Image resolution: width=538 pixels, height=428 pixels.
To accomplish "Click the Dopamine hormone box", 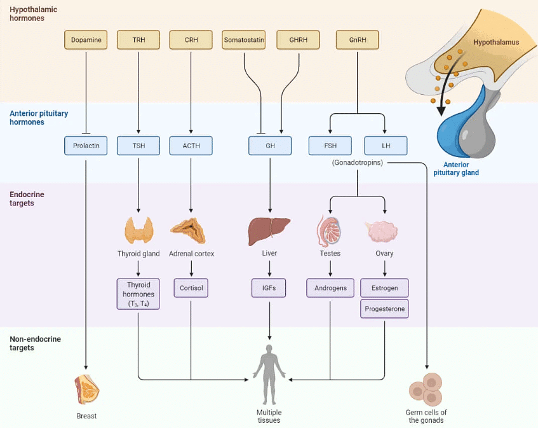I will point(86,40).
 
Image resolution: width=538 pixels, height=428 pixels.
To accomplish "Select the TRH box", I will point(138,40).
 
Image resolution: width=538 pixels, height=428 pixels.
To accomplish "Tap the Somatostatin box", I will point(244,40).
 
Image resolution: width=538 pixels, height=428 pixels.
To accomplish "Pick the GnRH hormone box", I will point(357,40).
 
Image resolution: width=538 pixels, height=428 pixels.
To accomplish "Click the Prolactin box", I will point(86,146).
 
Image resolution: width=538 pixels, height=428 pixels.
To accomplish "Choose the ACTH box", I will point(191,146).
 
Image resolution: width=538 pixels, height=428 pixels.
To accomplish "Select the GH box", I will point(270,146).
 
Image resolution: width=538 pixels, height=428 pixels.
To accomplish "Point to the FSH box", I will point(330,146).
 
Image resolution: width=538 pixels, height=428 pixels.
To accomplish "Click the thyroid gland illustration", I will point(138,230).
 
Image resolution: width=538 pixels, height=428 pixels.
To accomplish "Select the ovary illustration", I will point(384,231).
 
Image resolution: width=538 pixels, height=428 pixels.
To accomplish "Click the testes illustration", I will point(330,231).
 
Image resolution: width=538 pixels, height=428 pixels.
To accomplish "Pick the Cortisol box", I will point(191,288).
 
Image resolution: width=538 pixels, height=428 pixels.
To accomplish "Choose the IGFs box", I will point(269,288).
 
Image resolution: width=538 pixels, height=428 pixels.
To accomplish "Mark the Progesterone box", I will point(384,309).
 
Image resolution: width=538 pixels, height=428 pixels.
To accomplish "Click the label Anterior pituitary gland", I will point(455,169).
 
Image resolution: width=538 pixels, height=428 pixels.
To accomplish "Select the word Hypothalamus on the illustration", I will point(496,43).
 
